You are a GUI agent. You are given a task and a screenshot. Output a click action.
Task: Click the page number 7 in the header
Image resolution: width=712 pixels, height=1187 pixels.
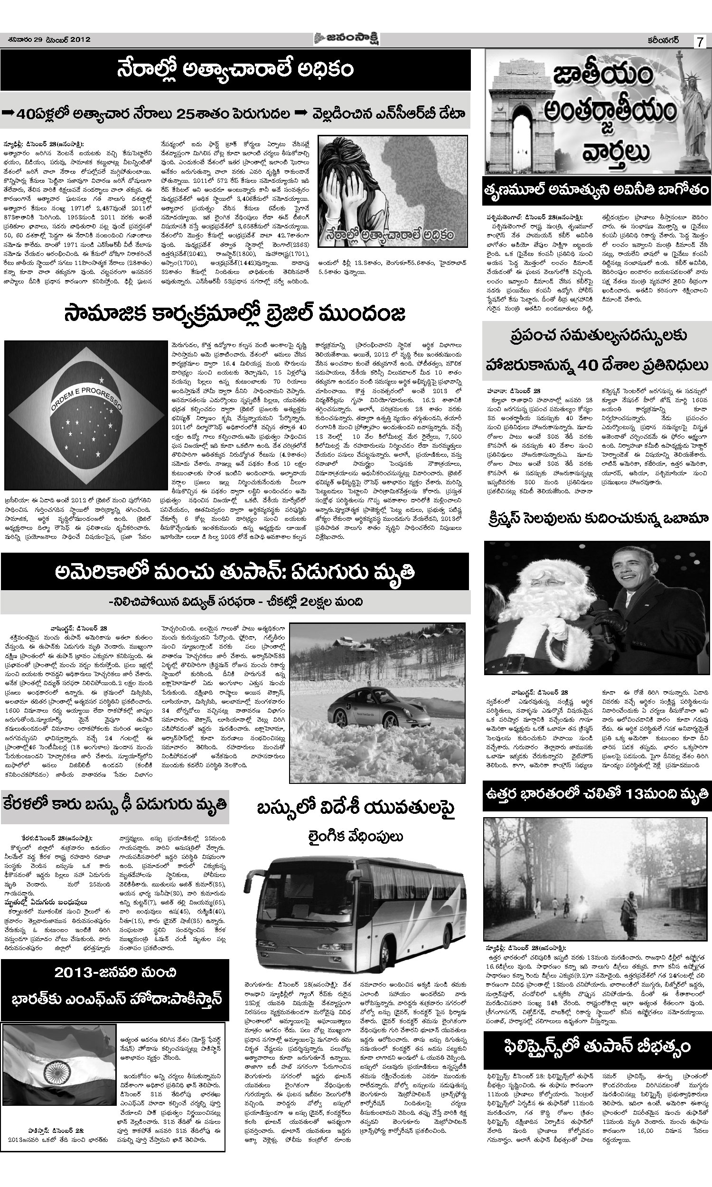coord(700,42)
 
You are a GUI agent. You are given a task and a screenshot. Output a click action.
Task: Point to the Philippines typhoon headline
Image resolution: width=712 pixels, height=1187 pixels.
coord(597,1045)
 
